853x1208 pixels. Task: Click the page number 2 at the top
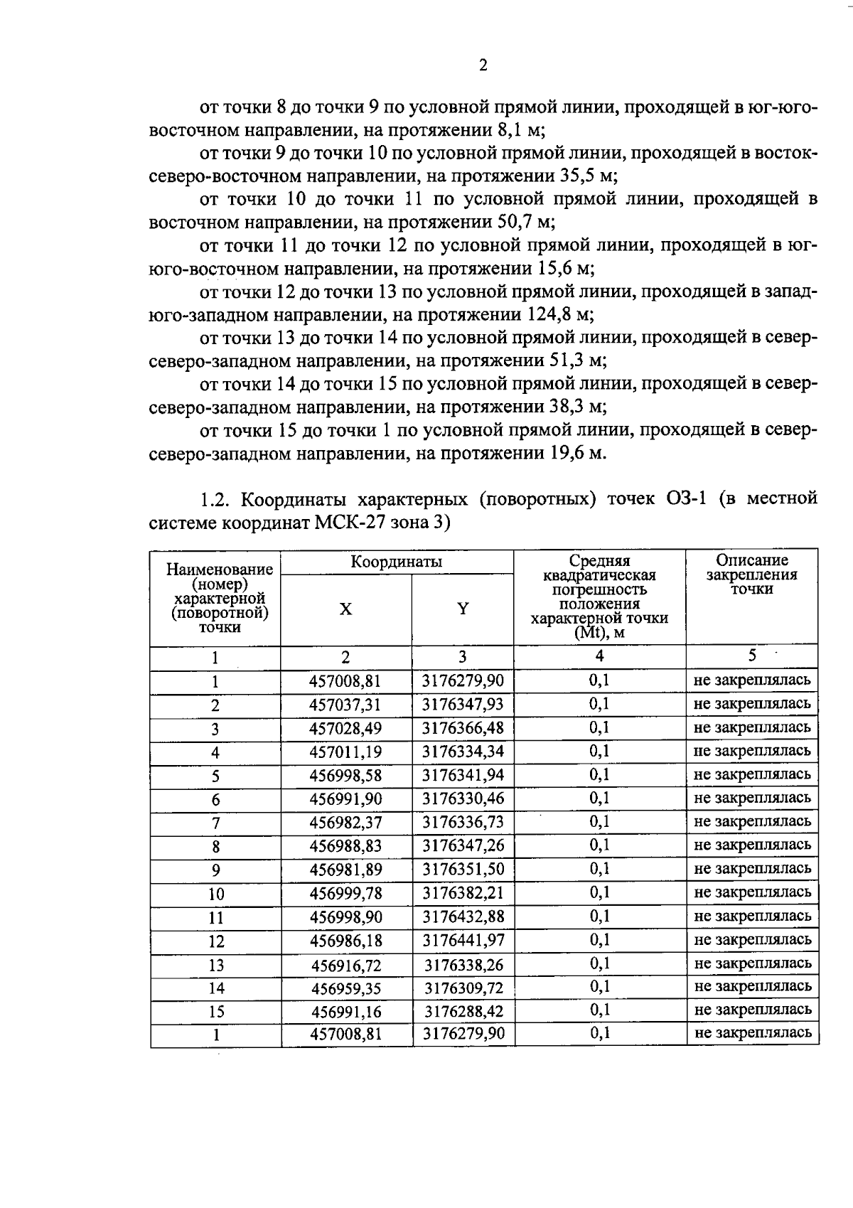click(x=483, y=66)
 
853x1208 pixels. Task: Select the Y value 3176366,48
click(x=463, y=728)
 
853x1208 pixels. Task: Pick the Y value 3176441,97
click(x=463, y=940)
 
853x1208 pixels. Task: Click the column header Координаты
click(x=396, y=562)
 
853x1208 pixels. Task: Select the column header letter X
click(x=345, y=609)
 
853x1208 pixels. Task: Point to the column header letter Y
click(x=463, y=609)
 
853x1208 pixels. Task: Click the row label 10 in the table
click(x=215, y=894)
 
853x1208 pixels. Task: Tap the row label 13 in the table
click(x=215, y=965)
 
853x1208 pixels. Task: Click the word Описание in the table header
click(x=751, y=560)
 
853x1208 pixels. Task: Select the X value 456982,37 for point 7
click(x=345, y=822)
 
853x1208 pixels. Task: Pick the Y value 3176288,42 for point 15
click(x=463, y=1010)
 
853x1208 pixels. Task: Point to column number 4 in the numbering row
click(x=599, y=656)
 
